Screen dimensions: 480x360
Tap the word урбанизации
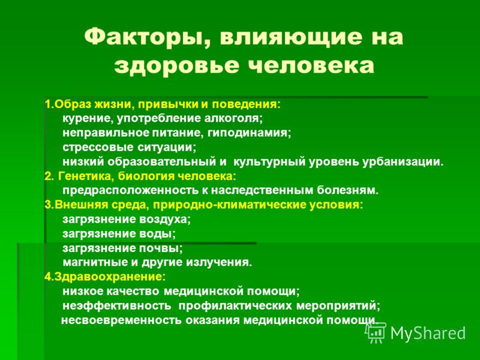pyautogui.click(x=403, y=162)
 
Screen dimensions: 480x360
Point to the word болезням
pyautogui.click(x=347, y=190)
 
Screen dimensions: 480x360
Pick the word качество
pyautogui.click(x=133, y=291)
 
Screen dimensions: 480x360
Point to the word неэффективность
pyautogui.click(x=116, y=305)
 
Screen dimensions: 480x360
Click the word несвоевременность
pyautogui.click(x=122, y=320)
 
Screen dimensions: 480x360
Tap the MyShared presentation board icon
pyautogui.click(x=376, y=332)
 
